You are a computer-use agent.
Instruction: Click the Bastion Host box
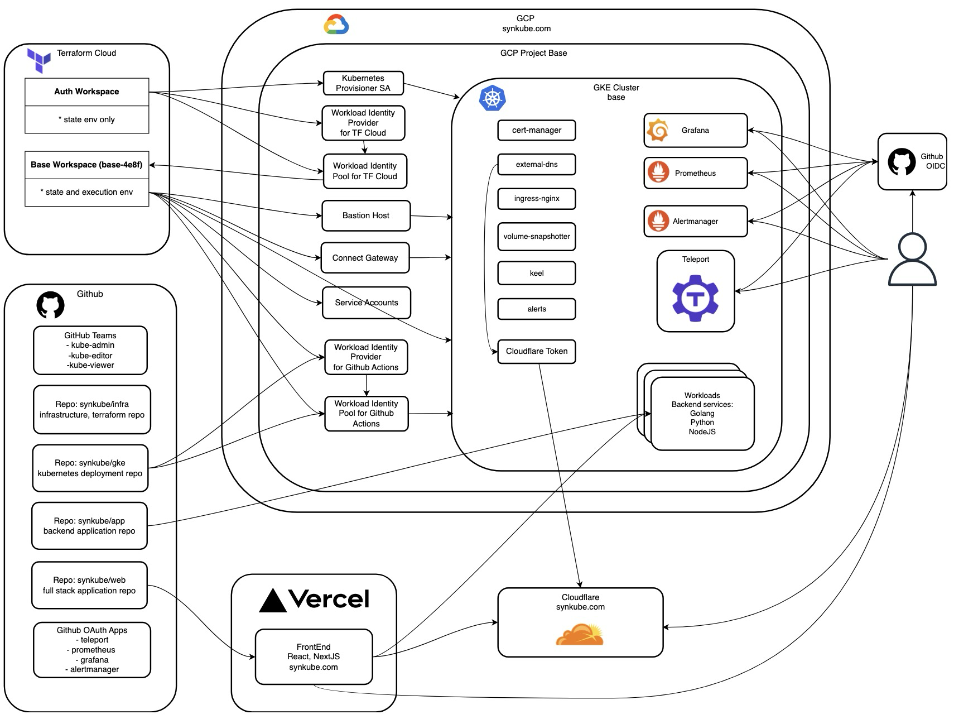(x=366, y=215)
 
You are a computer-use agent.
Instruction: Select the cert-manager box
(x=536, y=130)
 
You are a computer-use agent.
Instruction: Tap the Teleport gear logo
(x=695, y=298)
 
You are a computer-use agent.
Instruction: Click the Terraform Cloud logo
(x=38, y=60)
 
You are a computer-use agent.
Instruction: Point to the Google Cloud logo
(x=336, y=25)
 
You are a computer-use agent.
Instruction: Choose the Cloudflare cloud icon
(x=580, y=635)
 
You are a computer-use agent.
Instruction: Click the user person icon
(x=912, y=260)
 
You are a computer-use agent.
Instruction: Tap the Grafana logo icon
(x=658, y=131)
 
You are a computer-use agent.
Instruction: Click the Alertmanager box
(x=695, y=221)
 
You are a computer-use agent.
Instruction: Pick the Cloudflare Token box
(x=536, y=352)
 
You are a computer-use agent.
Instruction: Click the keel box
(x=536, y=274)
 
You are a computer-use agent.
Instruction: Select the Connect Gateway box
(x=365, y=258)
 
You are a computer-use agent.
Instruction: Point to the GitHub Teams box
(x=90, y=350)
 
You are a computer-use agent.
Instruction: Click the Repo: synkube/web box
(x=89, y=585)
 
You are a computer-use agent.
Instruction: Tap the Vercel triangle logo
(x=273, y=601)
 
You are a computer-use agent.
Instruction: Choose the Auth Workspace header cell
(x=86, y=92)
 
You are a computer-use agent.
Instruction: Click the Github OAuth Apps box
(x=92, y=650)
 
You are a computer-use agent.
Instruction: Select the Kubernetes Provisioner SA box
(x=363, y=83)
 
